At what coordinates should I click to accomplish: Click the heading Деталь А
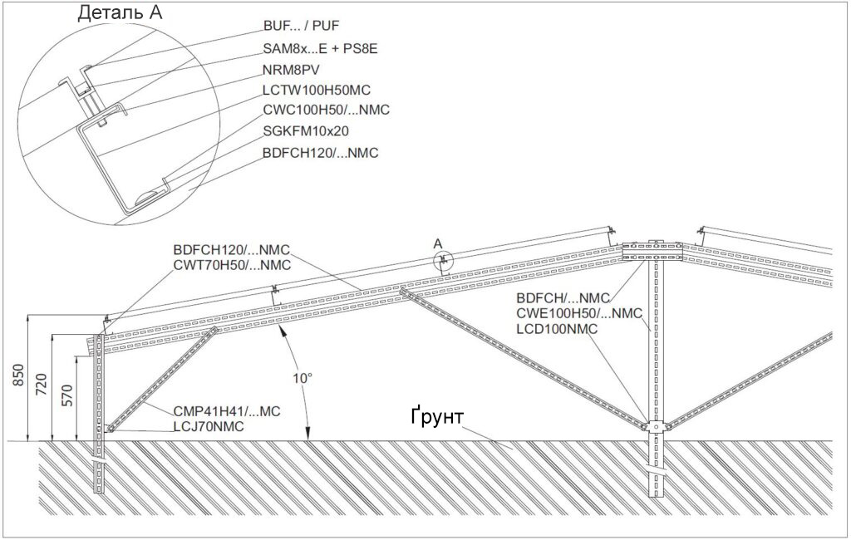(x=120, y=12)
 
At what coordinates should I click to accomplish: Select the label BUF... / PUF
(x=301, y=26)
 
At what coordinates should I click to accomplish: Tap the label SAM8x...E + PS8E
(x=320, y=49)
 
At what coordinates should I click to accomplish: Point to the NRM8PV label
(x=291, y=70)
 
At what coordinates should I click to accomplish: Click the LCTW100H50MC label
(x=317, y=90)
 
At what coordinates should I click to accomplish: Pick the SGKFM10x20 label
(x=306, y=130)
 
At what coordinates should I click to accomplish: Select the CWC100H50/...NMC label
(x=326, y=110)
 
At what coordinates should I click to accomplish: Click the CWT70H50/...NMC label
(x=233, y=265)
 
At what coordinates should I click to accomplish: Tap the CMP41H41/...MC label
(x=227, y=411)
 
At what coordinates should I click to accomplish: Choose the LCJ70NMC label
(x=209, y=426)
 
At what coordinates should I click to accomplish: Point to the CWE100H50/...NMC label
(x=579, y=314)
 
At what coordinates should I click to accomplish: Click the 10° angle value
(x=303, y=378)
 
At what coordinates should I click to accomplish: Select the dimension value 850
(x=18, y=376)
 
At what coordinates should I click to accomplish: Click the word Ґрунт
(x=437, y=416)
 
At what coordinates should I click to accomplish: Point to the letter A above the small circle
(x=439, y=244)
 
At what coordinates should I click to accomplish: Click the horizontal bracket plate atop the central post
(x=652, y=251)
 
